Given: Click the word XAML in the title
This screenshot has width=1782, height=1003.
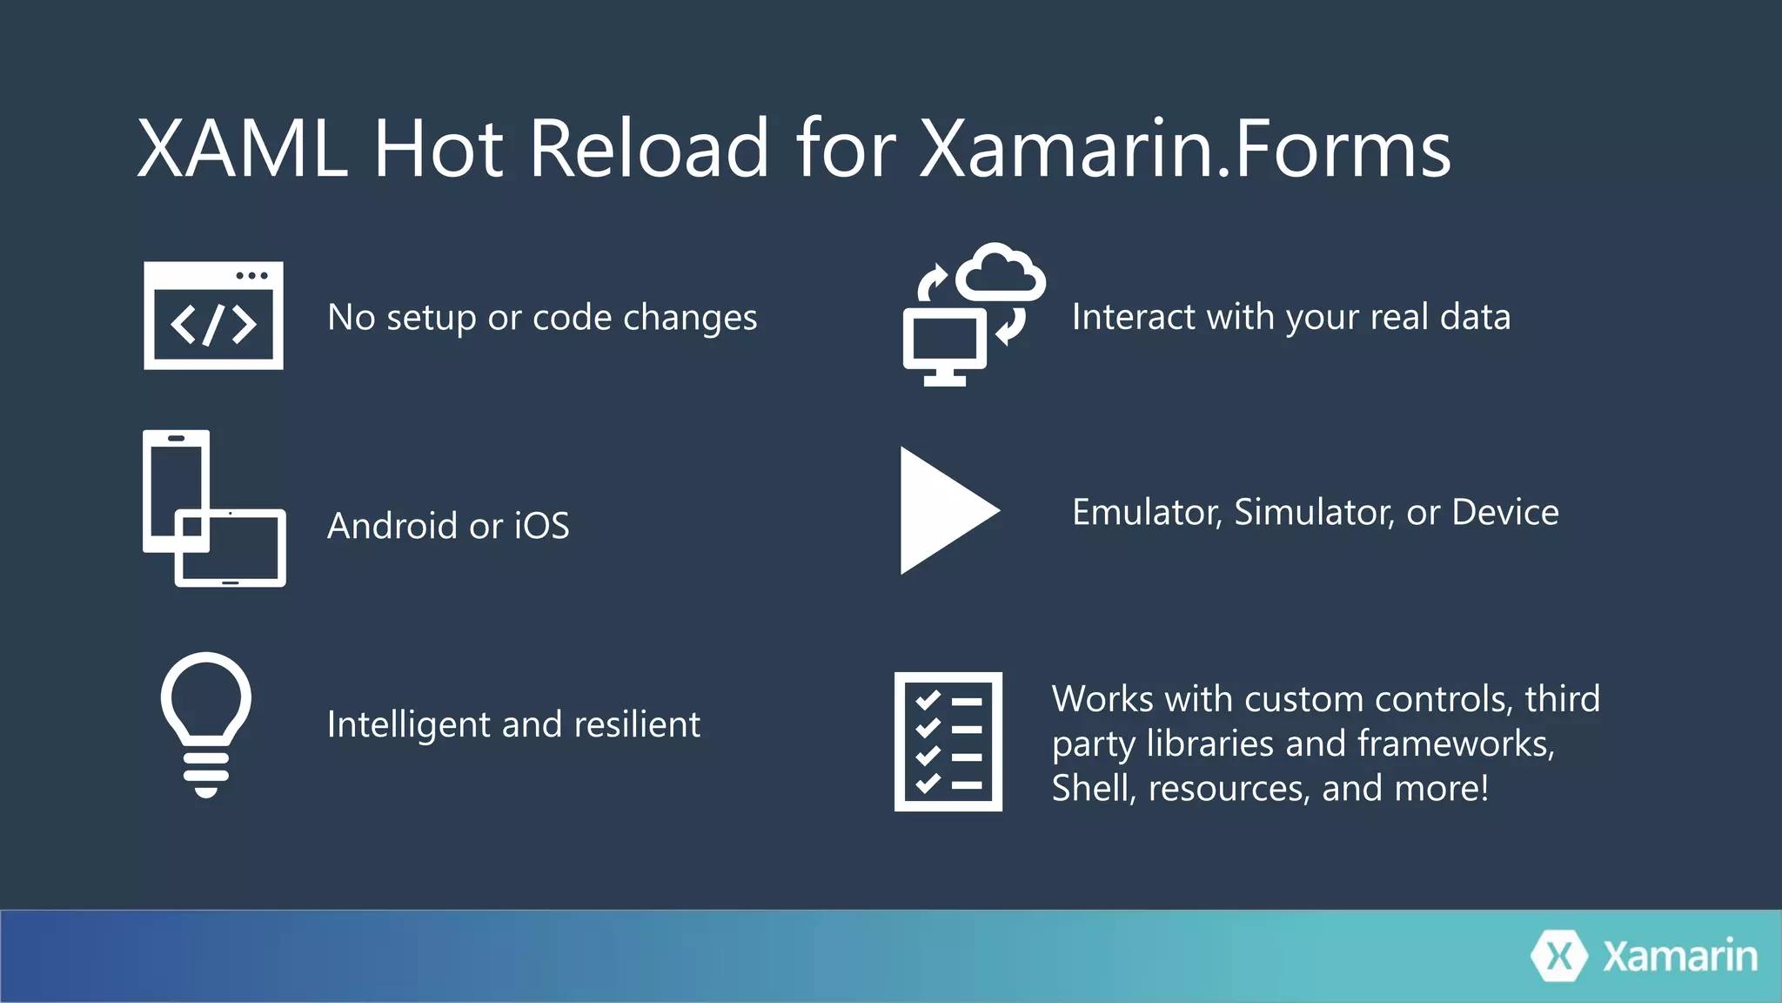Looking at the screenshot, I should [242, 149].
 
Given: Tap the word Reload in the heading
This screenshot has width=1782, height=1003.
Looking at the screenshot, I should [648, 149].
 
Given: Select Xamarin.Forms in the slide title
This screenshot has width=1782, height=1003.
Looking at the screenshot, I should [1184, 149].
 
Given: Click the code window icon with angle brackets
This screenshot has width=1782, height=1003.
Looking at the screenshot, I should [213, 316].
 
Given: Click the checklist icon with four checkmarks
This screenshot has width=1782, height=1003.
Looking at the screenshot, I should [948, 741].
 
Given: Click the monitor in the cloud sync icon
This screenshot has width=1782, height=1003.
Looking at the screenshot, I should [945, 345].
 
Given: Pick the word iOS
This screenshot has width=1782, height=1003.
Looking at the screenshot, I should [541, 526].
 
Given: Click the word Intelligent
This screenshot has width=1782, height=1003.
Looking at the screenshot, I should [407, 724].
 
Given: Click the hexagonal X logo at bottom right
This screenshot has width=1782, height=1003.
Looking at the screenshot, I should [1560, 956].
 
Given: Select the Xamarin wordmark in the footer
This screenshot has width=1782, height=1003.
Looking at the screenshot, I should [1679, 956].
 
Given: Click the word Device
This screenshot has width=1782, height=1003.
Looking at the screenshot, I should [1505, 512].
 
